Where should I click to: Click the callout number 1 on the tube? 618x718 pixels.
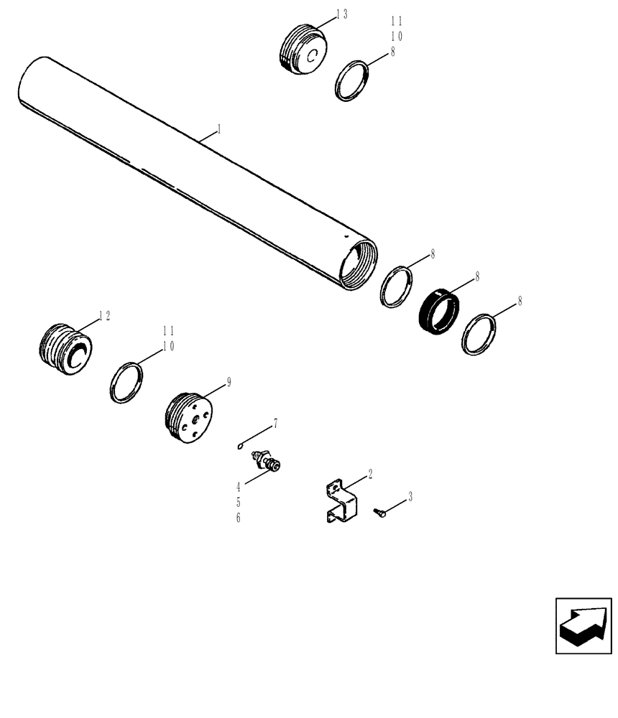click(218, 130)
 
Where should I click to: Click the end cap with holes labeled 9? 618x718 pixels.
click(188, 419)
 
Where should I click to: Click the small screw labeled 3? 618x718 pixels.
click(379, 511)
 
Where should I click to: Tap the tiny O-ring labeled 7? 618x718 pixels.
click(241, 445)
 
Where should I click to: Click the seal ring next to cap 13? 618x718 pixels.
click(353, 80)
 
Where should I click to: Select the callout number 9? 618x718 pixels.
click(229, 382)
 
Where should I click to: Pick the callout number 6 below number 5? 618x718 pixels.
click(238, 517)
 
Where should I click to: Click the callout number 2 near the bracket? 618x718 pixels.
click(370, 473)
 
